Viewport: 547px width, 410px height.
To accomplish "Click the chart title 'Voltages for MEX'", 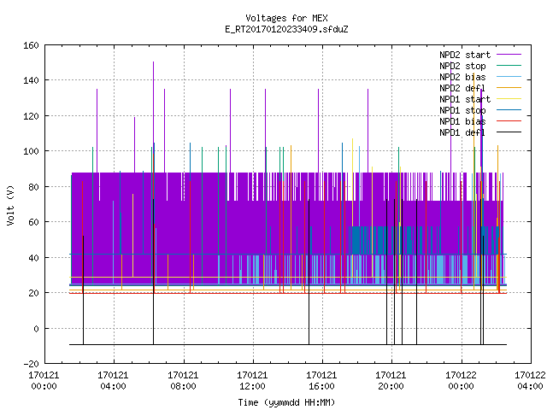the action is click(286, 18).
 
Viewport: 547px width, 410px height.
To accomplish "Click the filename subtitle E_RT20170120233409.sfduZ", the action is click(286, 29).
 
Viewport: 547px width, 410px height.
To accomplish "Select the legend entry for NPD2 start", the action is click(480, 55).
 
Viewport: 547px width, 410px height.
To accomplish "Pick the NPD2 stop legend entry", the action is click(480, 66).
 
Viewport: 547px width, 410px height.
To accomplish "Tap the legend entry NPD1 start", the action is click(480, 99).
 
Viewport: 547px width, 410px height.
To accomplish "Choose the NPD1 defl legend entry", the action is click(480, 132).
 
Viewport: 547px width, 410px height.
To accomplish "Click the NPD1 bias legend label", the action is click(462, 121).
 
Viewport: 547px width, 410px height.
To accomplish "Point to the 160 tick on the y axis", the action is click(31, 45).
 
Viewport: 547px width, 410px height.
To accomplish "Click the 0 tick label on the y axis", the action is click(36, 329).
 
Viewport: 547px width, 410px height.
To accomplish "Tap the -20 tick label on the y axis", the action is click(31, 364).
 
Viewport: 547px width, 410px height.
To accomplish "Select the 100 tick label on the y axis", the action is click(31, 152).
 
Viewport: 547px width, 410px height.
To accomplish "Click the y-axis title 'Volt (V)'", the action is click(10, 205).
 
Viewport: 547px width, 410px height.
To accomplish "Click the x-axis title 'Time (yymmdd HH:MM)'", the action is click(286, 402).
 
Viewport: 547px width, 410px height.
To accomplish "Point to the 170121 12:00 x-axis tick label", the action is click(252, 381).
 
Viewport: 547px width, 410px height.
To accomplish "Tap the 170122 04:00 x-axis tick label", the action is click(530, 381).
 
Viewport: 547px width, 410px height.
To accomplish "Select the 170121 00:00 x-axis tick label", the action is click(44, 381).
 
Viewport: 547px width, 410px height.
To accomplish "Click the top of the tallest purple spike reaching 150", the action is click(153, 62).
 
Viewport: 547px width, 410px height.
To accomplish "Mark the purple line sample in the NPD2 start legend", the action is click(509, 55).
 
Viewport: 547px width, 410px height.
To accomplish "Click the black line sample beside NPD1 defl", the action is click(509, 132).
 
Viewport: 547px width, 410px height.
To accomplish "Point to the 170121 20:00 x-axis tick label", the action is click(391, 381).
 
